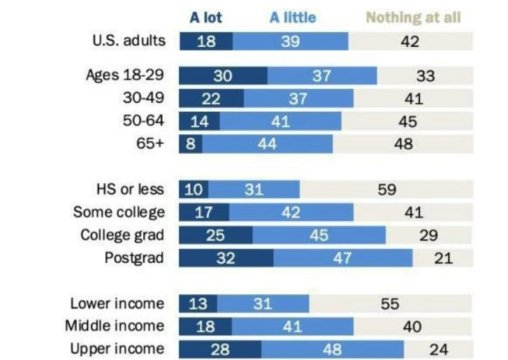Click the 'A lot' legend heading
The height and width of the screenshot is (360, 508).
point(205,17)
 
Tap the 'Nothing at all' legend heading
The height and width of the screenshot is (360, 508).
point(414,17)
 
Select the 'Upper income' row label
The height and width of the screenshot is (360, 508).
point(117,348)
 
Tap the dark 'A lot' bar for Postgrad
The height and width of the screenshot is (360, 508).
point(226,258)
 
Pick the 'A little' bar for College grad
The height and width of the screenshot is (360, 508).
point(319,236)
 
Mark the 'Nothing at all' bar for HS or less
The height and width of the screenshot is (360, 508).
point(386,189)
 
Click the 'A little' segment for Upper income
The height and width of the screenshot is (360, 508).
point(332,349)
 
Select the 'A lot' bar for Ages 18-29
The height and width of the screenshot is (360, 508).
point(223,75)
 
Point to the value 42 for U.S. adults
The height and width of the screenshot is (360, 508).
point(410,41)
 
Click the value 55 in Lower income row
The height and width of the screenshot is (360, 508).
point(390,303)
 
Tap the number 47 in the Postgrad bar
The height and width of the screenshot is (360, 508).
point(342,258)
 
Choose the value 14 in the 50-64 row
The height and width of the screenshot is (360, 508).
point(199,122)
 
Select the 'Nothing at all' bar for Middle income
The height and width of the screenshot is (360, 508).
point(412,326)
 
